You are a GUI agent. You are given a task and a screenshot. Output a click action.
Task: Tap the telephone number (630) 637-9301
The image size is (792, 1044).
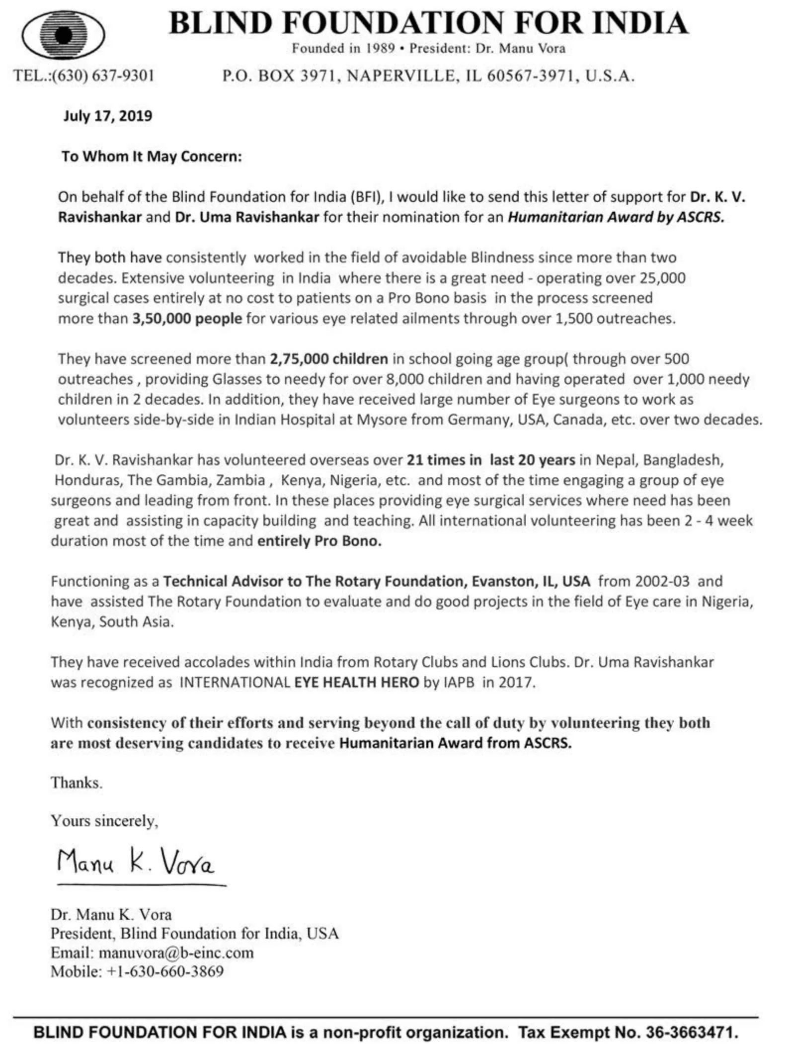click(103, 76)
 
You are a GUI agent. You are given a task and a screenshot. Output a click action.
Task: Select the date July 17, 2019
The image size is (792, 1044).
click(107, 116)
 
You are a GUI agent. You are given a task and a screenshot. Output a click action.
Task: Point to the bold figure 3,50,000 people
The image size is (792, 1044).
click(187, 318)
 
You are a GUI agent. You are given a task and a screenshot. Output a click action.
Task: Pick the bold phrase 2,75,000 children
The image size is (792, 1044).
click(328, 358)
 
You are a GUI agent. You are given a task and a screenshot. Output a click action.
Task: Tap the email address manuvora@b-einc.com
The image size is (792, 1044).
click(176, 953)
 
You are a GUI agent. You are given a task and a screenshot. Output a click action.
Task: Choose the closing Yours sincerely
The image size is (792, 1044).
click(104, 820)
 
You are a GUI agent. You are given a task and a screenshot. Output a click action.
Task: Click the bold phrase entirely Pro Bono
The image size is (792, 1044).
click(319, 541)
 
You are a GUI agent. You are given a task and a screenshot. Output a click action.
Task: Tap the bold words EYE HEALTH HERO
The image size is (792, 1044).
click(356, 682)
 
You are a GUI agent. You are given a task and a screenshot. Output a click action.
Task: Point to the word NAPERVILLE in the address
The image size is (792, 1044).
click(400, 76)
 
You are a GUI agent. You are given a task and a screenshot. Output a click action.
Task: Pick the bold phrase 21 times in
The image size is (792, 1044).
click(444, 460)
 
